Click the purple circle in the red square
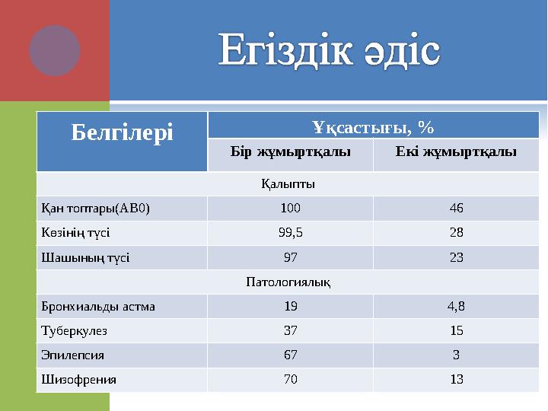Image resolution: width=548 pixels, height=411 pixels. coord(55,50)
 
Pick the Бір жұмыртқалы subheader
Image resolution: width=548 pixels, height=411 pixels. coord(290,151)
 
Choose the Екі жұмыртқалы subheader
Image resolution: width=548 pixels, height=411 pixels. coord(456,151)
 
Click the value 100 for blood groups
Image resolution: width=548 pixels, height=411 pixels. coord(290,208)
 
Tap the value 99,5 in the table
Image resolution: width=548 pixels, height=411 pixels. coord(290,233)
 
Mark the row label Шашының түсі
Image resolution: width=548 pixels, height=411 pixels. coord(85,257)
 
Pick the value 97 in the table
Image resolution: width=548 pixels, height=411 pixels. coord(290,257)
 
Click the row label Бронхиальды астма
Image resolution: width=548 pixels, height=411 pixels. coord(98,307)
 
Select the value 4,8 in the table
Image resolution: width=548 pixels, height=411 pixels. coord(456,307)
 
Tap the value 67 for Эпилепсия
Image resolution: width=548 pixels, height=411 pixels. coord(290,355)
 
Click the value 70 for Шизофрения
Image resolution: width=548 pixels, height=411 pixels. coord(290,380)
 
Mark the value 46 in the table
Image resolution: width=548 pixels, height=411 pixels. coord(456,208)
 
